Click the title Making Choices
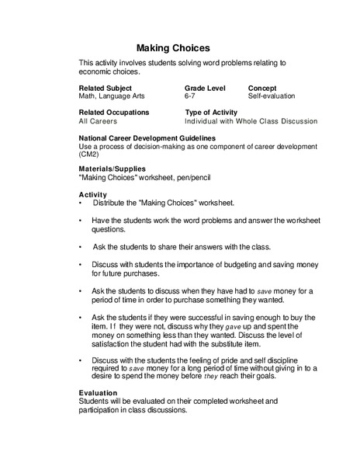(x=173, y=47)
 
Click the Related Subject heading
(x=106, y=89)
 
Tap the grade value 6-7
(x=190, y=98)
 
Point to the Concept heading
(x=262, y=89)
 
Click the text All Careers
(x=99, y=122)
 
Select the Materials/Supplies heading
(x=112, y=169)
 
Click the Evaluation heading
(x=99, y=393)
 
